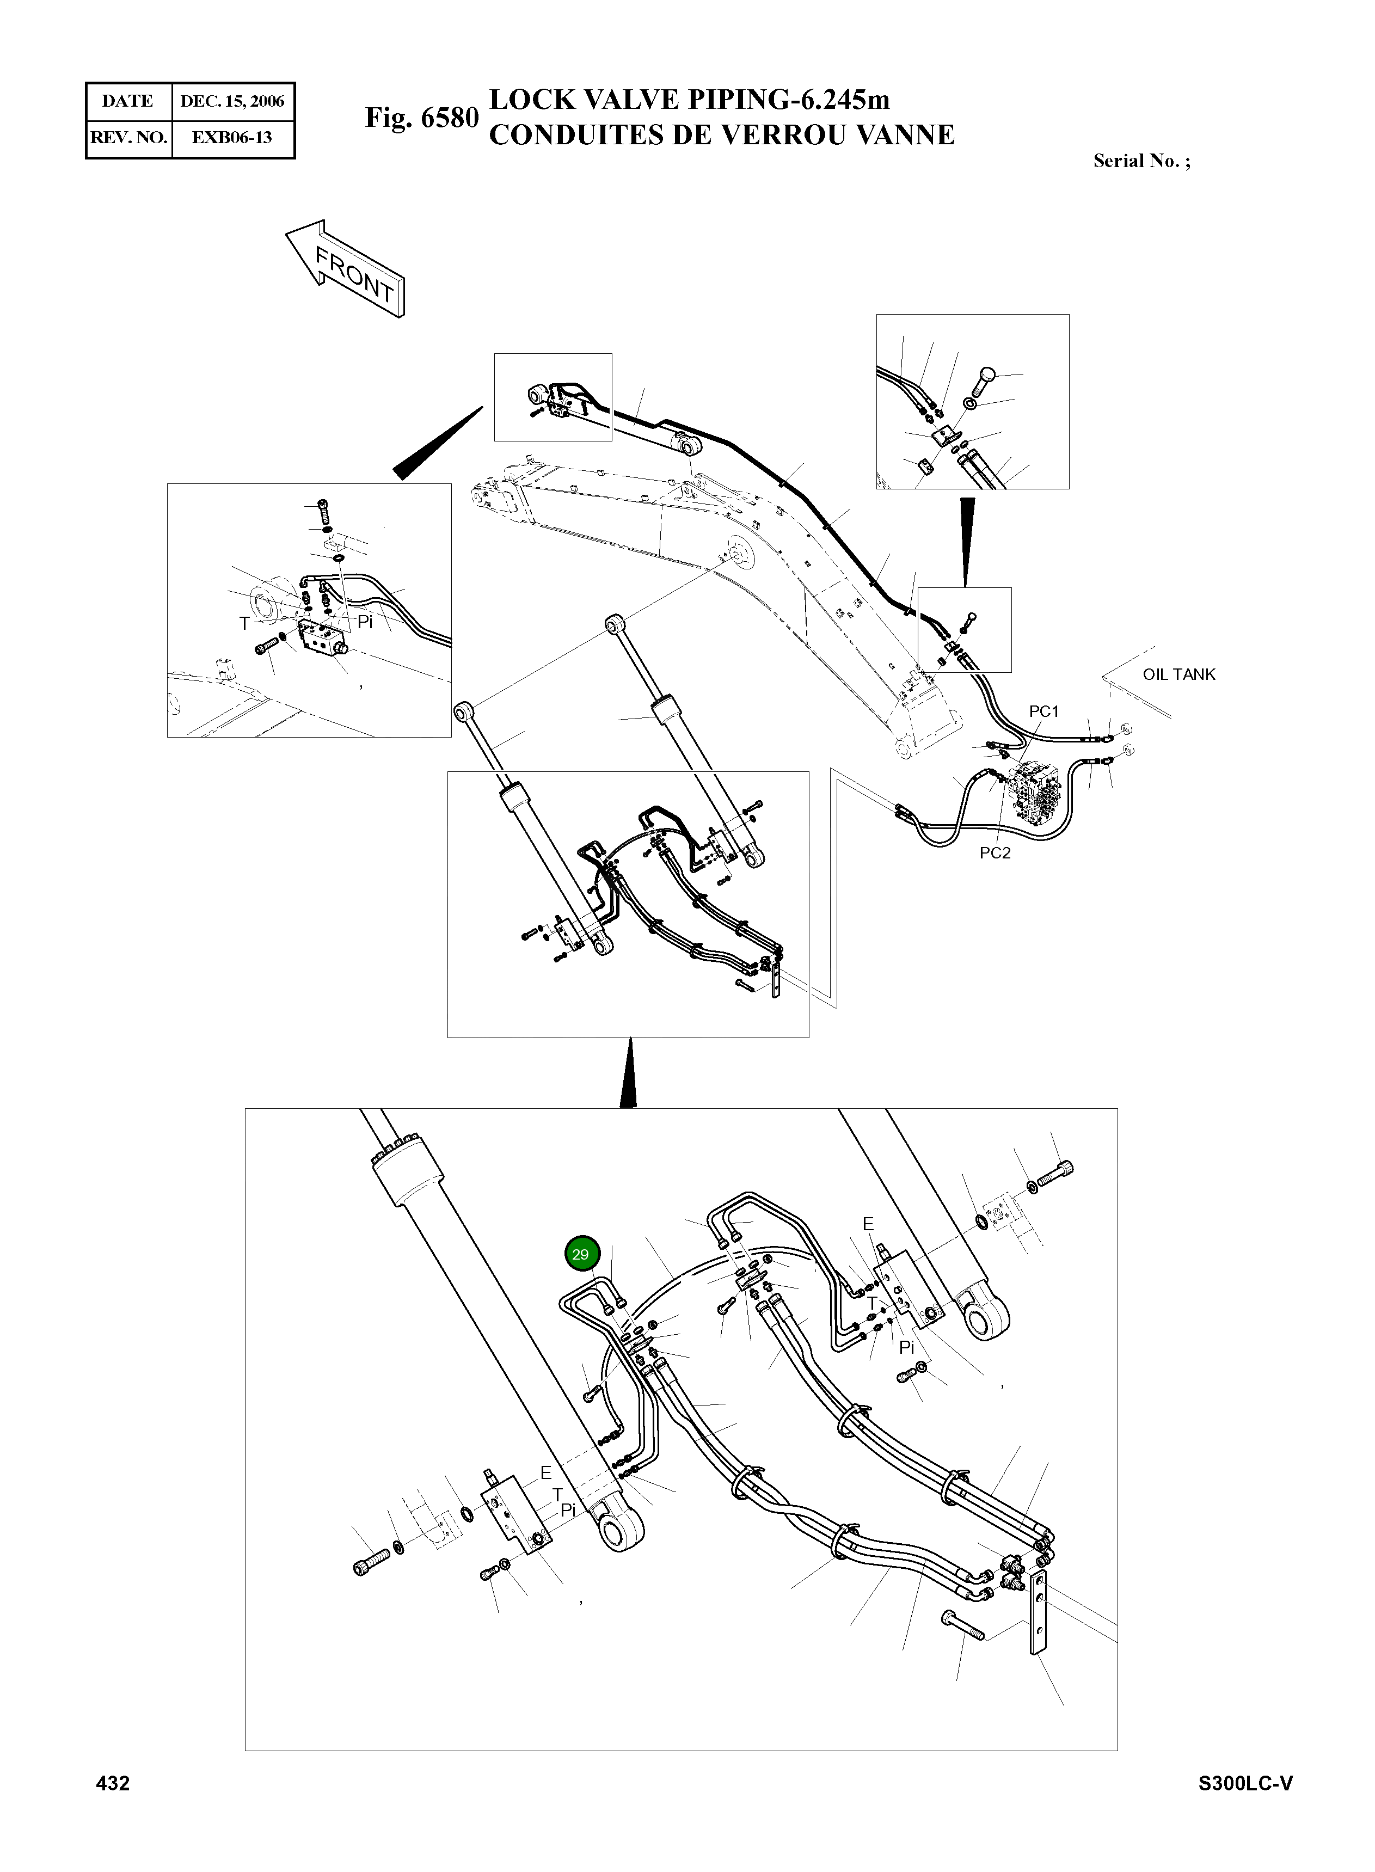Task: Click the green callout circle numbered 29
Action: [580, 1254]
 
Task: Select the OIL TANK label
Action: [1178, 674]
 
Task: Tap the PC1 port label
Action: [1043, 711]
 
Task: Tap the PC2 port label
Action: [995, 853]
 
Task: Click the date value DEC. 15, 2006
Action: [232, 102]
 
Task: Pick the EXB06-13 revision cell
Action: [232, 138]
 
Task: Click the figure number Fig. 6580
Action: [422, 118]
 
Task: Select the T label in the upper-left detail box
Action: [244, 623]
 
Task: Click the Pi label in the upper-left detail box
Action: [365, 622]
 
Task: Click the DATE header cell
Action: [127, 102]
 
